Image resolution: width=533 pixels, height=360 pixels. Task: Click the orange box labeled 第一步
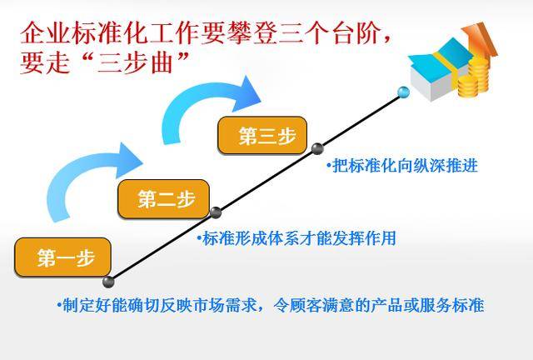63,257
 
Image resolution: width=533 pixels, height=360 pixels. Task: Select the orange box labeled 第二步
163,198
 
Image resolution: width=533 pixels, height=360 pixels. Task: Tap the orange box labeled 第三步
262,136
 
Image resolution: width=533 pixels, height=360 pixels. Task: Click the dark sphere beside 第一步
108,282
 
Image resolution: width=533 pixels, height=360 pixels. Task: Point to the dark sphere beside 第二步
216,212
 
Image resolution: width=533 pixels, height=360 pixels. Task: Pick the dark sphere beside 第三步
317,148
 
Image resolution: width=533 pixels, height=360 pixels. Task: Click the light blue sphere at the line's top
403,92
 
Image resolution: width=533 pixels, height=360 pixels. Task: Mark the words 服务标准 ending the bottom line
451,305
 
